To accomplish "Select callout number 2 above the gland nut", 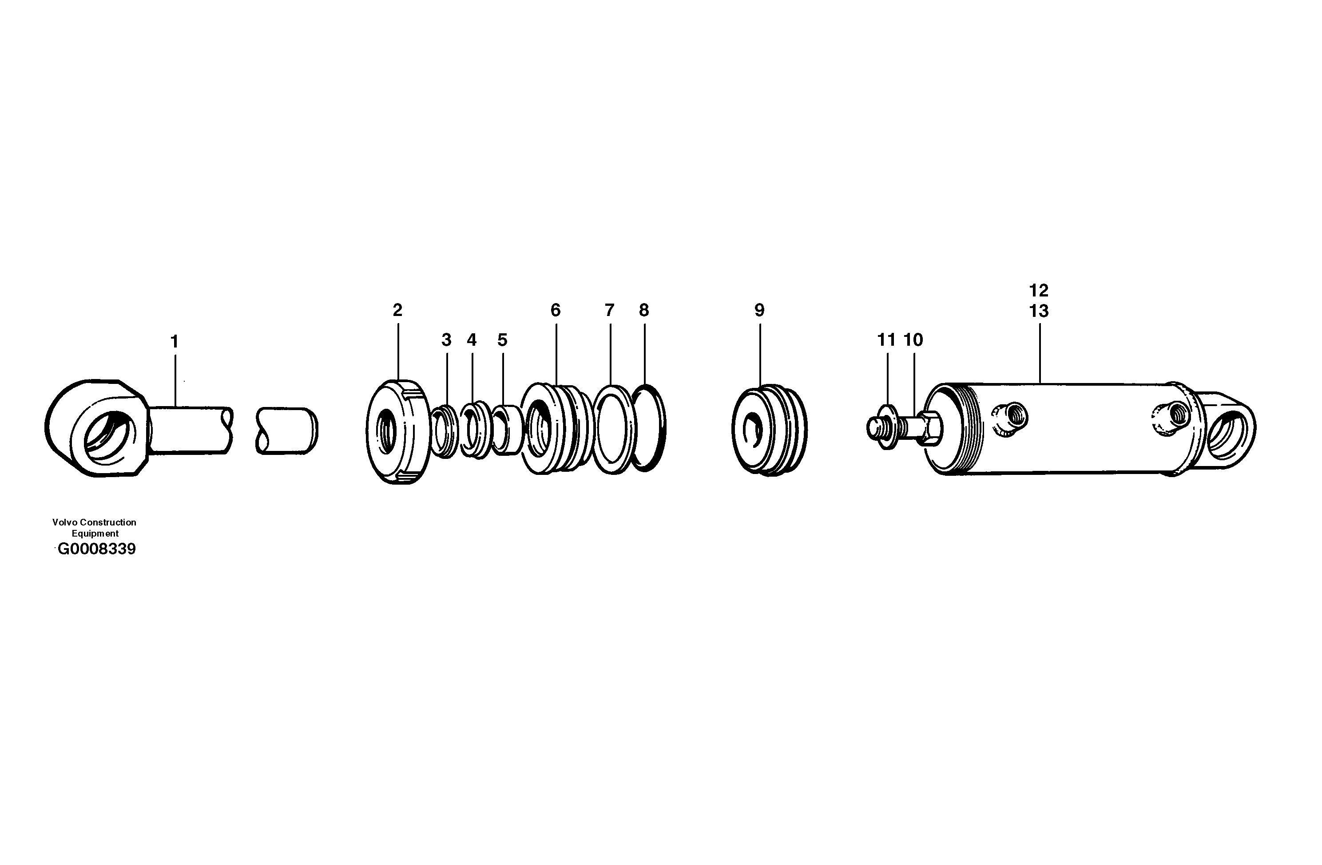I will (x=397, y=310).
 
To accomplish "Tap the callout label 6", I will (x=556, y=310).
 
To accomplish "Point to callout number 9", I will (x=759, y=310).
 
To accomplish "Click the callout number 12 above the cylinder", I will (x=1039, y=290).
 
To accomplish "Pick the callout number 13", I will (x=1039, y=312).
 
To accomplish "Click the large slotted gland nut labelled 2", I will (x=398, y=431).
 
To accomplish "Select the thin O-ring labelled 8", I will (x=649, y=428).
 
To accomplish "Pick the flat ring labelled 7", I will (x=613, y=430).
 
